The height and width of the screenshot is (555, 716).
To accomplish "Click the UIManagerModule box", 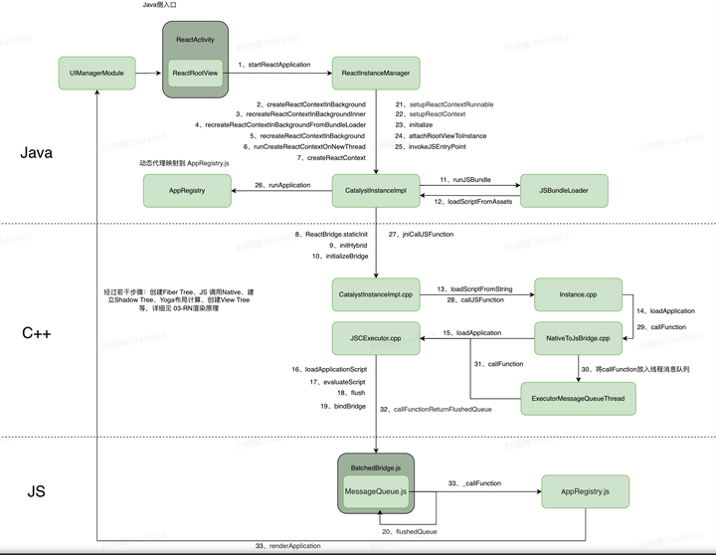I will pos(96,73).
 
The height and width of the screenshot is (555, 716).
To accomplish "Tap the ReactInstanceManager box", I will pos(376,73).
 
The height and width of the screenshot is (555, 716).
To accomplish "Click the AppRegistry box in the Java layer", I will pos(187,190).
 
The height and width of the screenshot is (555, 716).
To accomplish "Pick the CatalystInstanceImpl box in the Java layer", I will pos(376,190).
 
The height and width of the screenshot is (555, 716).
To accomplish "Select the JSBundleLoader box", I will pos(563,190).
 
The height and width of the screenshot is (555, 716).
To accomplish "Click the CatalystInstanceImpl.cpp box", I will pos(376,295).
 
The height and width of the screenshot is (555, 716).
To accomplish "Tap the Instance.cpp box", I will pos(578,295).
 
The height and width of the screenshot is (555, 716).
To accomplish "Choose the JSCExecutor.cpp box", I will pos(376,339).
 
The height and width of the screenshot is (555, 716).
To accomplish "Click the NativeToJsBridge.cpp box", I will pos(578,339).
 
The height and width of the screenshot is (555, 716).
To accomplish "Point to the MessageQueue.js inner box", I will pos(375,491).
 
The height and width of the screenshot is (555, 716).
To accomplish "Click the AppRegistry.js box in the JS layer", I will pos(585,491).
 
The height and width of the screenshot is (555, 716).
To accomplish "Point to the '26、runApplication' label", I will pos(281,184).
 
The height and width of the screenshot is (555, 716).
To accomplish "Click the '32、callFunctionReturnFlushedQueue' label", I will pos(444,409).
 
